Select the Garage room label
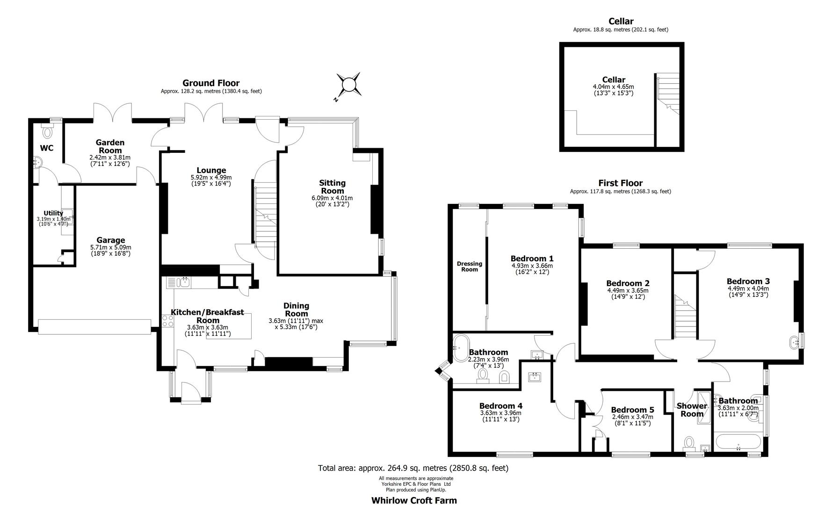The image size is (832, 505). click(111, 240)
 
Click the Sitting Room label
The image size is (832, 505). click(333, 187)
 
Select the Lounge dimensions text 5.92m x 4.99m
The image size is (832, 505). click(211, 178)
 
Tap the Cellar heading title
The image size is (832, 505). click(621, 21)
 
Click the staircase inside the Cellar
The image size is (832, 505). click(668, 94)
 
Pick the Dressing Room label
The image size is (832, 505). click(470, 267)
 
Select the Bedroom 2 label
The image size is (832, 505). click(628, 283)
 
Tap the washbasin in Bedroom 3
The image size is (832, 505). click(795, 342)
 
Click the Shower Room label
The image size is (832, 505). click(691, 410)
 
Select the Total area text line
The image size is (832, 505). click(413, 468)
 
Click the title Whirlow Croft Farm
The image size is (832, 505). click(414, 500)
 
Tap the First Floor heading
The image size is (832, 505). click(620, 183)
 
